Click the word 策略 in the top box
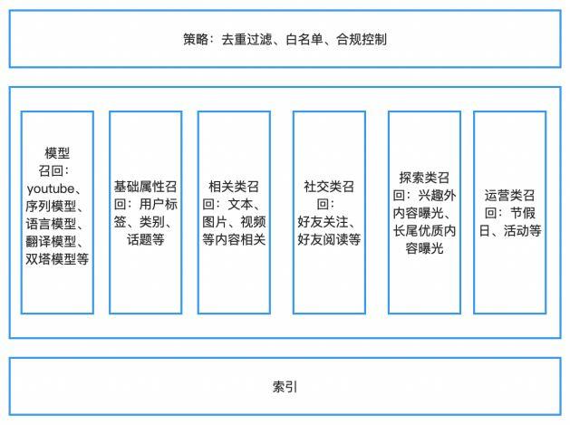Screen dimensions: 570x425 (x=196, y=39)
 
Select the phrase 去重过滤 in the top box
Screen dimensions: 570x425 (x=246, y=39)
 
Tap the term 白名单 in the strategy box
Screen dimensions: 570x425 (x=304, y=39)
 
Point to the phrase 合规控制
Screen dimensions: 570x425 (x=362, y=39)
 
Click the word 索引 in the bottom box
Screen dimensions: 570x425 (x=285, y=387)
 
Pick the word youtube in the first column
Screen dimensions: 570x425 (x=51, y=189)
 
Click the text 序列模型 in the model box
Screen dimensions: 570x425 (x=51, y=206)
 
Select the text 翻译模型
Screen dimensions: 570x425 (x=51, y=241)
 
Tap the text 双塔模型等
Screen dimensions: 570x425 (x=57, y=259)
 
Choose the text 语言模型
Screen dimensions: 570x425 (x=51, y=224)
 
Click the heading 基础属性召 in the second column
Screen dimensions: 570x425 (x=145, y=187)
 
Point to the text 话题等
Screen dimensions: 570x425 (x=145, y=239)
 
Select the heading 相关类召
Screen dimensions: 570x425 (x=234, y=187)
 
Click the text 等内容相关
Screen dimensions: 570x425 (x=234, y=239)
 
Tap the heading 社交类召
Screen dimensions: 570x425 (x=329, y=187)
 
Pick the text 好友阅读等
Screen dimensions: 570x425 (x=329, y=239)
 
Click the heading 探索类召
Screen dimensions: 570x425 (x=424, y=178)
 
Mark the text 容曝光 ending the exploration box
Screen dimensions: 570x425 (x=424, y=248)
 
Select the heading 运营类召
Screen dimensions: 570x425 (x=509, y=195)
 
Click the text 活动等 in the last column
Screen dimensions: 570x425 (x=522, y=230)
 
